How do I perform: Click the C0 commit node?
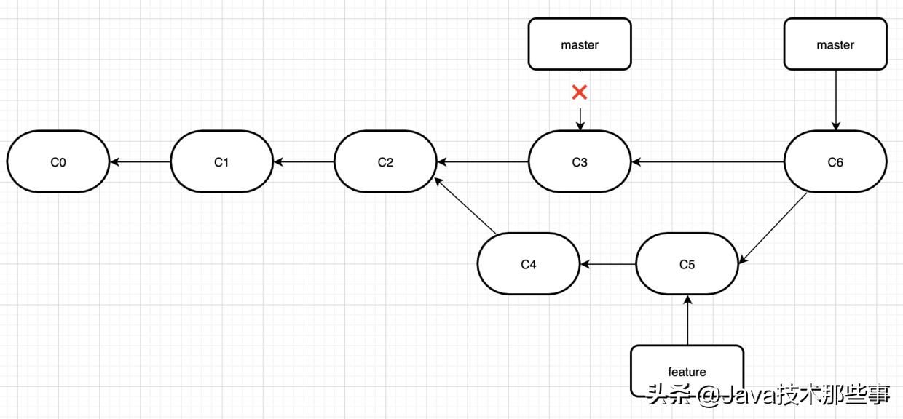point(58,161)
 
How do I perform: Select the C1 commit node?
point(221,161)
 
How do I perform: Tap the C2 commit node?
point(385,161)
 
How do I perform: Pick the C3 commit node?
point(580,161)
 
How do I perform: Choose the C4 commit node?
point(529,264)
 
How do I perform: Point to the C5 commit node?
point(687,264)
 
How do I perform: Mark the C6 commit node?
point(835,161)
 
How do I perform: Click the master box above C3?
point(580,44)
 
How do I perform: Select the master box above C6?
point(835,44)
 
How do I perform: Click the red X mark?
point(580,92)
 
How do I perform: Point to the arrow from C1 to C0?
point(140,161)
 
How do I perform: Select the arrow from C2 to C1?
point(304,161)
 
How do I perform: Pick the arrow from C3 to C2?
point(483,161)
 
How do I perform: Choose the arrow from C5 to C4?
point(608,264)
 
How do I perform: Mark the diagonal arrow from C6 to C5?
point(773,227)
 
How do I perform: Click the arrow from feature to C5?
point(687,320)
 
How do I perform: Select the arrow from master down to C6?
point(835,100)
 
